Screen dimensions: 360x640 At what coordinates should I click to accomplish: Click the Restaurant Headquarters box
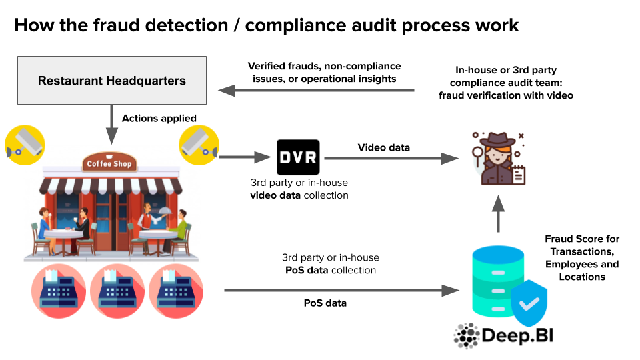[x=111, y=81]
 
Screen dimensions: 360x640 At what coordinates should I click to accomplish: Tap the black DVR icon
[x=298, y=157]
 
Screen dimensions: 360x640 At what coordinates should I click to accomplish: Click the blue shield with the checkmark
[x=529, y=304]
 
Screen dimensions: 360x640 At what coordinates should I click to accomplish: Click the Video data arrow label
[x=383, y=147]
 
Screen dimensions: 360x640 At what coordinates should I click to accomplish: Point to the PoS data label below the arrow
[x=325, y=303]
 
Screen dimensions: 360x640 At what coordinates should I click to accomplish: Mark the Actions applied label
[x=159, y=119]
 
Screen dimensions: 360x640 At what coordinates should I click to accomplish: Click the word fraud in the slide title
[x=123, y=25]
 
